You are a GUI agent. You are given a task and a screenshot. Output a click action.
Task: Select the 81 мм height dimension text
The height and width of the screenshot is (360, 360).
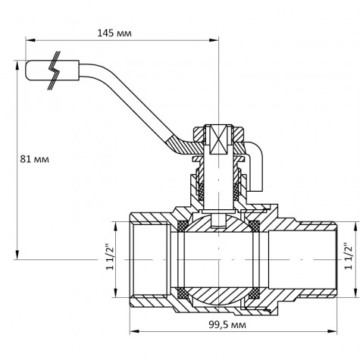[36, 159]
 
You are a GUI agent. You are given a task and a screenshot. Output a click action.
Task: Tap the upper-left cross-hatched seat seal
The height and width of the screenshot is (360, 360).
[182, 226]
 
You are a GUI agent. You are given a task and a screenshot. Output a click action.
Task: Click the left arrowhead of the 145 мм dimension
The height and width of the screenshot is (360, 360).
[27, 40]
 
